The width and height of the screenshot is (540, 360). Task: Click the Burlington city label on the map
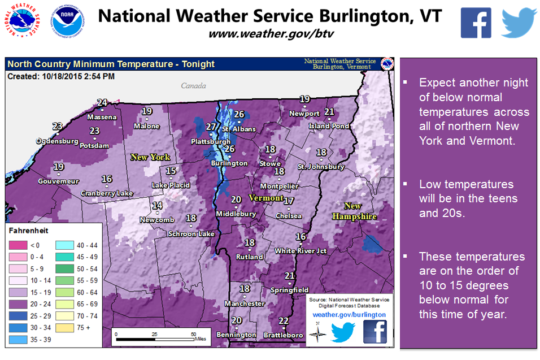click(x=229, y=163)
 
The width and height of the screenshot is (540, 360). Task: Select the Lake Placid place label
click(x=171, y=185)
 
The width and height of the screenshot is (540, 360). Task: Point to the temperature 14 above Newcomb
click(x=158, y=206)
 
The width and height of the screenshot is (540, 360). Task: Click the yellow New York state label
click(x=150, y=157)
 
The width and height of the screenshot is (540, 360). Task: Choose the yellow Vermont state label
click(x=265, y=198)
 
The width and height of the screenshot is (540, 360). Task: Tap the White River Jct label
click(x=301, y=250)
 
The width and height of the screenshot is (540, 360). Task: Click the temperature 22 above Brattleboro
click(x=284, y=321)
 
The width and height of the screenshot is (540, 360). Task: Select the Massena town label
click(x=102, y=117)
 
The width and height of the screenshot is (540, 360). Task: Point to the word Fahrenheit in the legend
click(x=28, y=231)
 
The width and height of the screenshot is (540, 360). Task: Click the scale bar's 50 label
click(x=193, y=334)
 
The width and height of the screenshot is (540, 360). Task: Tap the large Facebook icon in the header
click(x=476, y=23)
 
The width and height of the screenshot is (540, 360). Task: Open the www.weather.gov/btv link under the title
click(x=271, y=33)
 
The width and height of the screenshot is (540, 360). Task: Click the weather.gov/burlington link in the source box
click(x=349, y=314)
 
